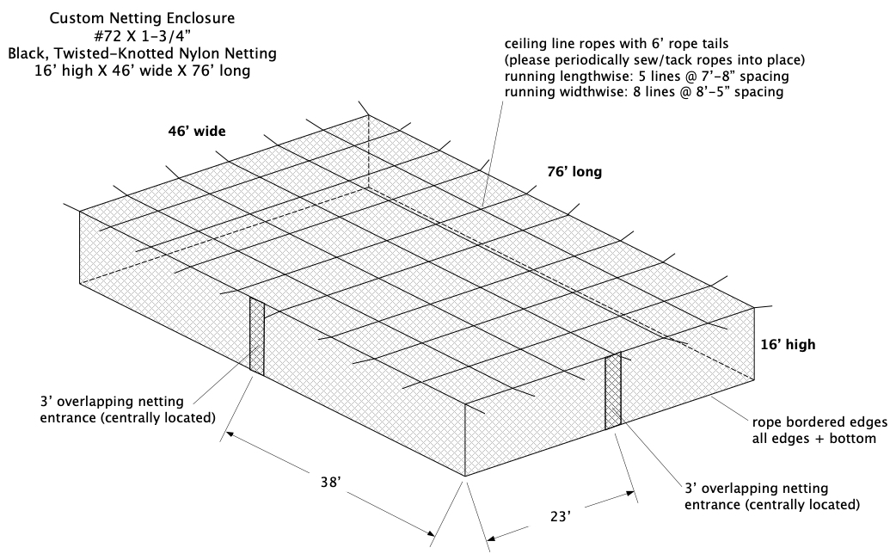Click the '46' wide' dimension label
pos(197,132)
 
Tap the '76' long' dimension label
pos(574,172)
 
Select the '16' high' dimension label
pos(788,345)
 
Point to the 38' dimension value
pos(330,483)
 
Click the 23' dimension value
pos(561,517)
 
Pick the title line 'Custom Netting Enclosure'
pos(142,18)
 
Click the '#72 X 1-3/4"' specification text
pos(142,36)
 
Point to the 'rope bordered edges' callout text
pos(819,422)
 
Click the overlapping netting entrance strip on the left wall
pos(256,335)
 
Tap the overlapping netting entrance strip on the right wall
pos(613,391)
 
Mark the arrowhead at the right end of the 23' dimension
pos(630,493)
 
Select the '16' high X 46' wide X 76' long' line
pos(142,71)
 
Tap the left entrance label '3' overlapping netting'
pos(112,401)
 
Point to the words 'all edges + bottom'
pos(813,439)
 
